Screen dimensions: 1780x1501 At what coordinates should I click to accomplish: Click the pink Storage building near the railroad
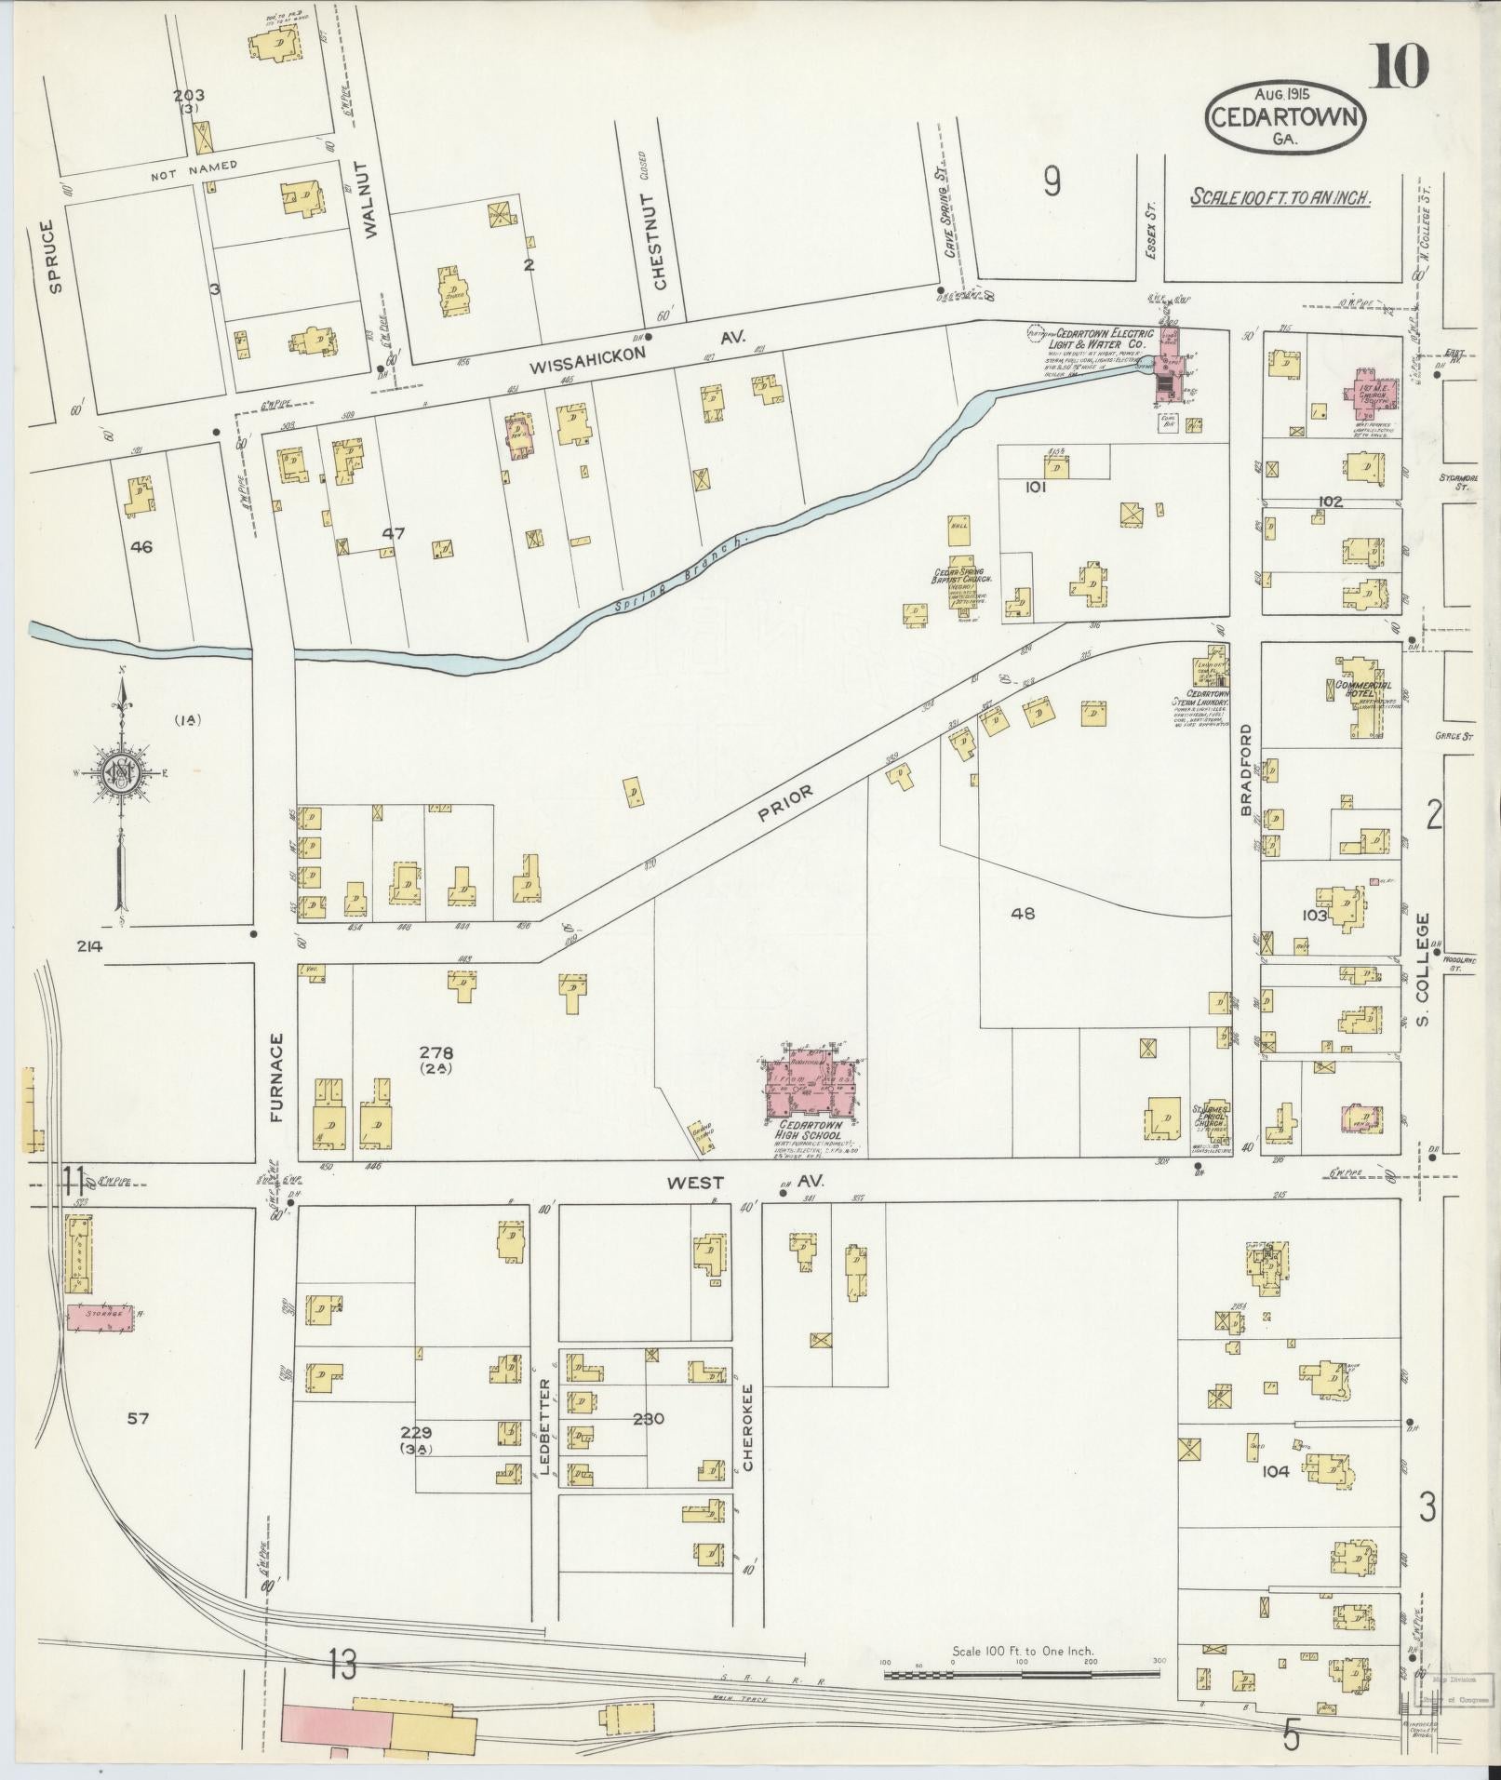pos(98,1318)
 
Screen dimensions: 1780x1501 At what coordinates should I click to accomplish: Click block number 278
pos(436,1052)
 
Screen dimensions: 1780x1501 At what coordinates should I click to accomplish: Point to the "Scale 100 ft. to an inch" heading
pos(1281,197)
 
